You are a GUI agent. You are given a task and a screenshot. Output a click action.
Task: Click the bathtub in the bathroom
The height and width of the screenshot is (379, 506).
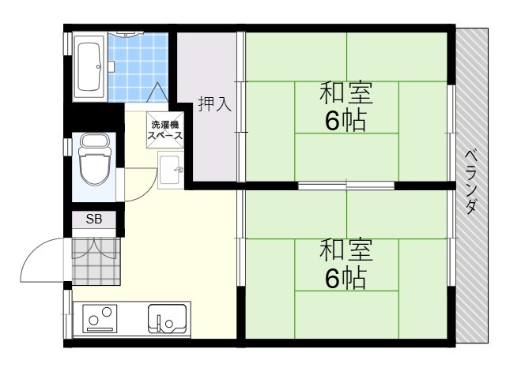pos(89,66)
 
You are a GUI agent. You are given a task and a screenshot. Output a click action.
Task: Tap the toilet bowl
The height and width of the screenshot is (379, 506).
pos(94,159)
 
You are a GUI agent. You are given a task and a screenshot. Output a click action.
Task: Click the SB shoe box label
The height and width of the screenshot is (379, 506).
pos(94,220)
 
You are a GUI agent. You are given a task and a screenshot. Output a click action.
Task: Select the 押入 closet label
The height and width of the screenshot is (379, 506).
pos(214,103)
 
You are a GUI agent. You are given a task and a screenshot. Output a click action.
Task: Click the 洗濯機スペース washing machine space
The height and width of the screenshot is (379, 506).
pos(165,129)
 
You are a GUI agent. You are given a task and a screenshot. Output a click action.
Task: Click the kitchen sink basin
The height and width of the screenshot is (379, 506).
pos(167,319)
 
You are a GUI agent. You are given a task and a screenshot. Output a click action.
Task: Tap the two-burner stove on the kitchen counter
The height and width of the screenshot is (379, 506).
pos(100,318)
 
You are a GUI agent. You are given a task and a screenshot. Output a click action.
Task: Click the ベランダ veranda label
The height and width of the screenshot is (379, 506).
pos(471,182)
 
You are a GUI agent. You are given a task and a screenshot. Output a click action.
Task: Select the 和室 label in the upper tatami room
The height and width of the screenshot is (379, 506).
pos(346,93)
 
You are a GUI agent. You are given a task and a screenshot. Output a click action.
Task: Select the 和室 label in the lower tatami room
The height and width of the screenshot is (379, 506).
pos(346,250)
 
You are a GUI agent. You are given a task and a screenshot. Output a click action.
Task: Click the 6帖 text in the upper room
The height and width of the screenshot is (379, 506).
pos(346,121)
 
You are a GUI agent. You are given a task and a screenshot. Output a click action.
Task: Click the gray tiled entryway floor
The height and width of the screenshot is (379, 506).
pos(96,261)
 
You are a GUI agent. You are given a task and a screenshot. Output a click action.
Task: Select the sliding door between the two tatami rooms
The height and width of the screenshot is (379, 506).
pos(346,186)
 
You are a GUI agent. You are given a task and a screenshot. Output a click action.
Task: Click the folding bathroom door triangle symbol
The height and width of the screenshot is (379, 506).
pos(157,92)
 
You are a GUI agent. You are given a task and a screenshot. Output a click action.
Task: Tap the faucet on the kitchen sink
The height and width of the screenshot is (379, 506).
pos(158,322)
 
